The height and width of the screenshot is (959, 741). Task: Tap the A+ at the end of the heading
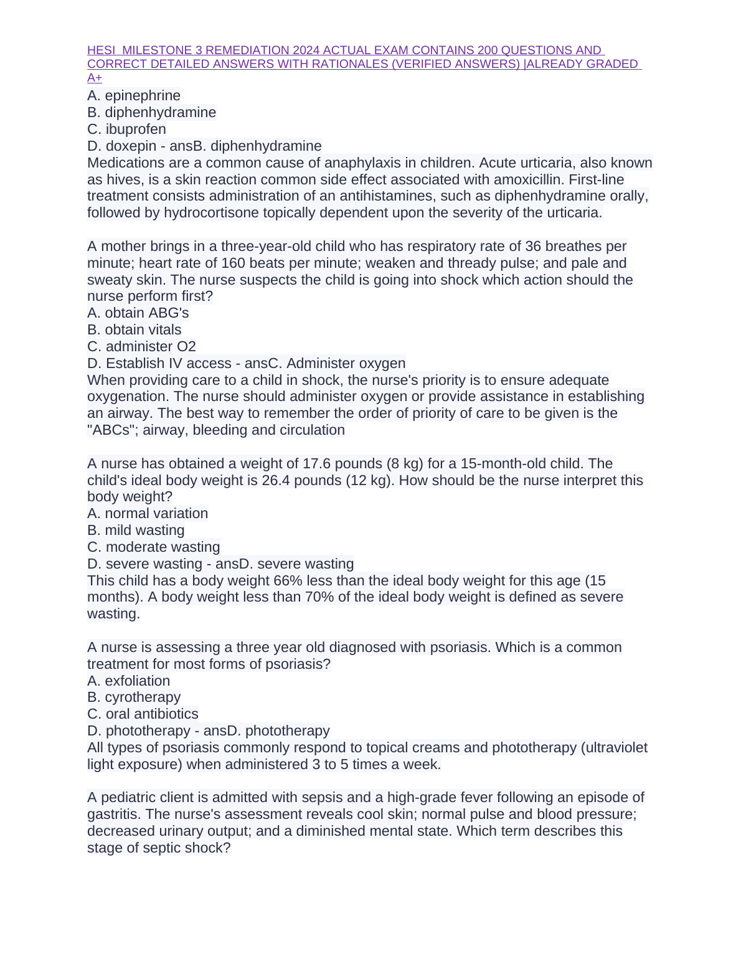(95, 78)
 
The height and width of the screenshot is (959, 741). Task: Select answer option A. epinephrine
(134, 96)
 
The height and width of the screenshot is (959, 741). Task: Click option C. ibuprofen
(126, 130)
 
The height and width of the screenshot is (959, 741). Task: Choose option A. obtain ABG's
(138, 313)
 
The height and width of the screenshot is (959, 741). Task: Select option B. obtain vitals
(135, 330)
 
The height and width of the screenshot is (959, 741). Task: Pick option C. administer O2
(141, 347)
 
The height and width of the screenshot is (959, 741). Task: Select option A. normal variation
(148, 514)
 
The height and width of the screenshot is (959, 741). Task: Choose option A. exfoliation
(128, 681)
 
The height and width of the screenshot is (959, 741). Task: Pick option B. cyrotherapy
(134, 697)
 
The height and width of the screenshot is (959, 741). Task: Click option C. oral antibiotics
(143, 714)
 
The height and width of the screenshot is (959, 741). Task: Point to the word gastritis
(114, 815)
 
